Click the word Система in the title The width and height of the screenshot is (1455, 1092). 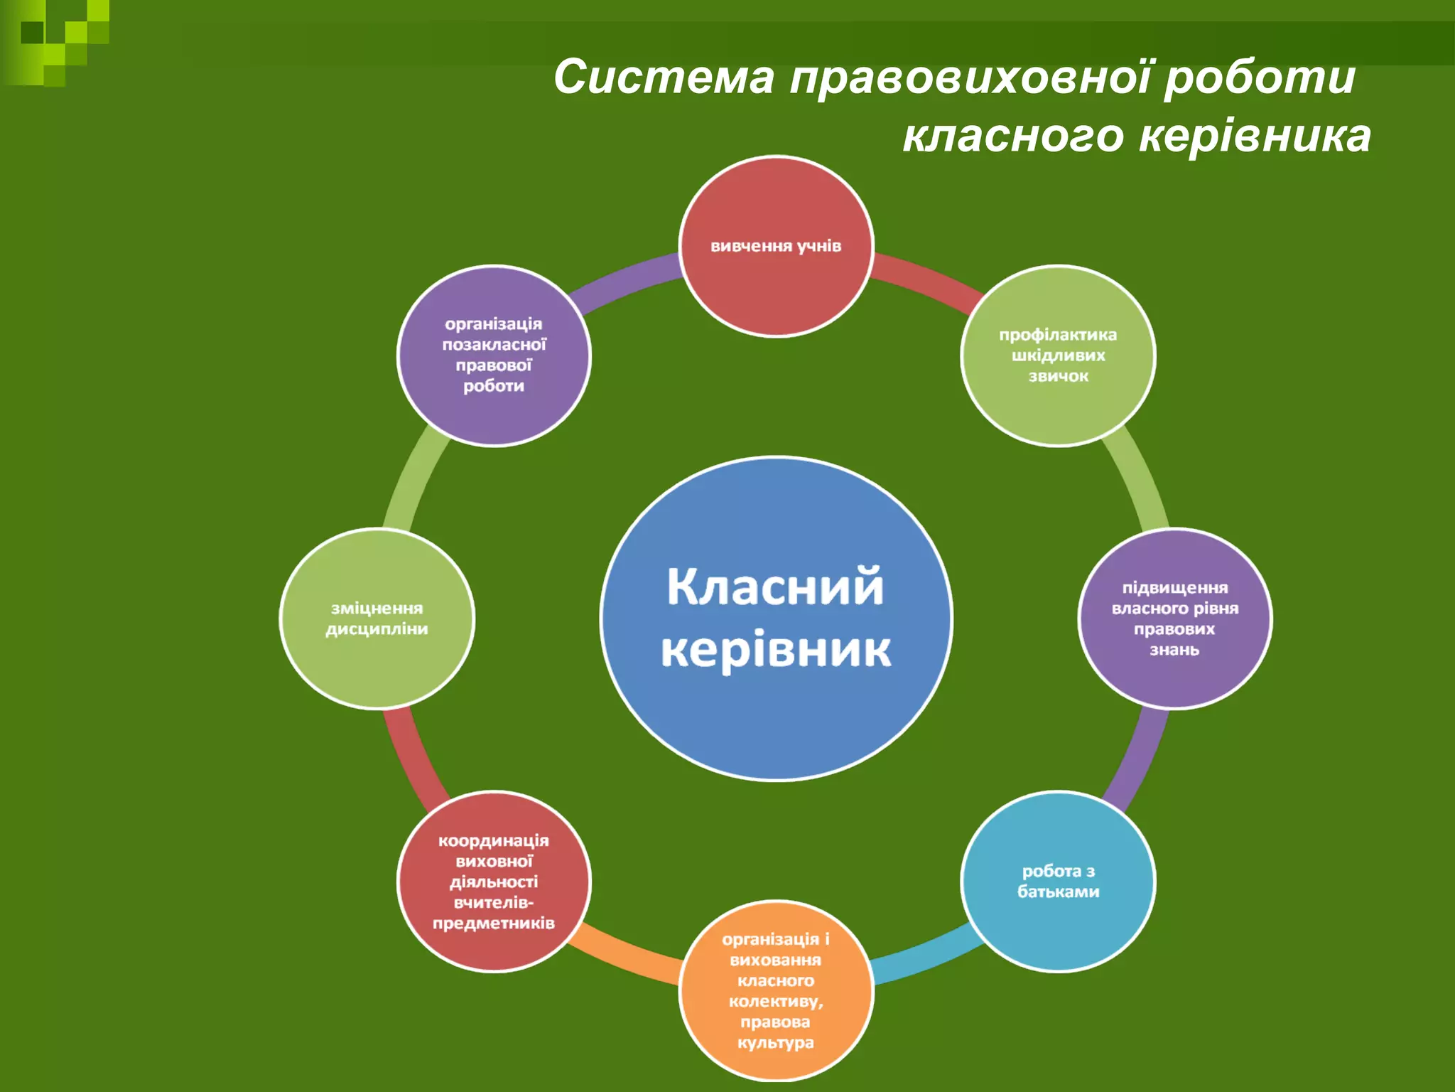pos(664,77)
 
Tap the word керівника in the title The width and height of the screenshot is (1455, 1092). pos(1255,136)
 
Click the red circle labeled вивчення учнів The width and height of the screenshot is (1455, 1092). pos(776,284)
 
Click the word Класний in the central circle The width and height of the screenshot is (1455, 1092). pos(775,587)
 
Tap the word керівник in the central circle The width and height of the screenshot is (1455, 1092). pos(775,649)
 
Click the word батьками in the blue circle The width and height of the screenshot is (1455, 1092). pos(1058,892)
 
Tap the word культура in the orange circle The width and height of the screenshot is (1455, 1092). pos(775,1043)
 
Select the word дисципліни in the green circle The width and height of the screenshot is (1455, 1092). pos(377,629)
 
